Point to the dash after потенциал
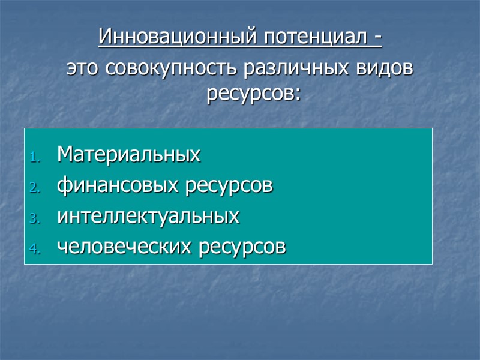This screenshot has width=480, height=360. point(377,38)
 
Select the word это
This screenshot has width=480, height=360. point(83,68)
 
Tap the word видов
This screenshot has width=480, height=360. point(384,68)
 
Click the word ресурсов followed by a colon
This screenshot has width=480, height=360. point(249,94)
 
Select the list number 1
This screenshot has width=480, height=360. point(35,158)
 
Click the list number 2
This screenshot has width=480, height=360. point(35,188)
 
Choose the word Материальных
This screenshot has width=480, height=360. point(129,156)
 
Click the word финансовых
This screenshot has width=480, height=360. point(114,186)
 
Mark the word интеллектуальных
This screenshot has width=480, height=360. point(148,216)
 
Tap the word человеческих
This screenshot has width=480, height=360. point(121,246)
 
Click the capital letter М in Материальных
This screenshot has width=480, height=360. point(64,156)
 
